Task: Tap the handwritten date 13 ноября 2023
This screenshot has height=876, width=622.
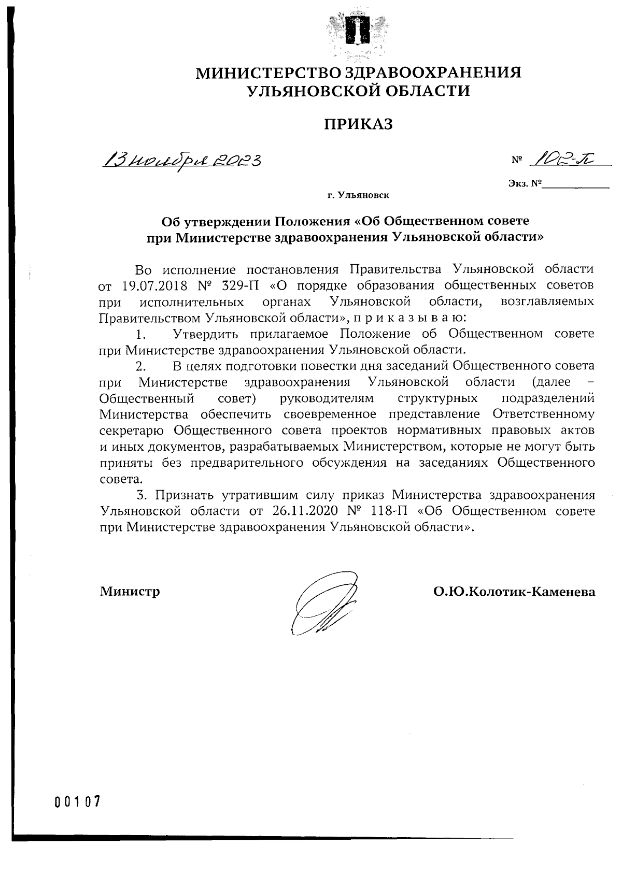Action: click(x=182, y=160)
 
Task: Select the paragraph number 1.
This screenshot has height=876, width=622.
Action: click(x=140, y=334)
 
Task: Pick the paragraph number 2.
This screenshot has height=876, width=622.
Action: click(x=140, y=366)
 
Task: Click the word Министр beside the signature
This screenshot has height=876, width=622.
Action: click(x=130, y=591)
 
